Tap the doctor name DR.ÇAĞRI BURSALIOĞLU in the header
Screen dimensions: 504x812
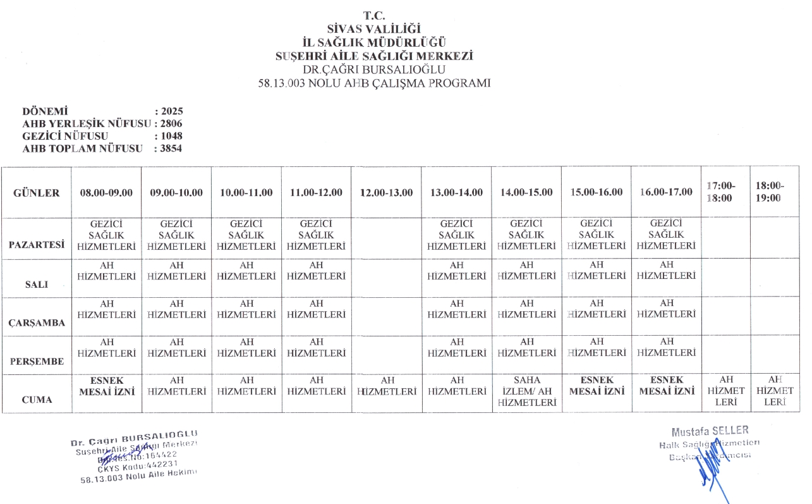coord(375,69)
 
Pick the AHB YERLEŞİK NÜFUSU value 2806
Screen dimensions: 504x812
coord(172,123)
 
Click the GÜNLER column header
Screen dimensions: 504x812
coord(36,193)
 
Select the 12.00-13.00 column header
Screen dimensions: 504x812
coord(386,193)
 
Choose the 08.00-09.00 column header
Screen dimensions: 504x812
coord(106,193)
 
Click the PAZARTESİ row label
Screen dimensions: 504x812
coord(36,245)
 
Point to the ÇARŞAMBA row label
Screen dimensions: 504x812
coord(36,323)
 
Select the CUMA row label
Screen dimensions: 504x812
coord(36,400)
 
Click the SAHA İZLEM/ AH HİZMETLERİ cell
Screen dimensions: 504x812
coord(527,391)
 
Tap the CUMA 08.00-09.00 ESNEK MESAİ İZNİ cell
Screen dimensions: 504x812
coord(106,386)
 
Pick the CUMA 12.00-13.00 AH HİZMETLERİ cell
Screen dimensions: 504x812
coord(386,386)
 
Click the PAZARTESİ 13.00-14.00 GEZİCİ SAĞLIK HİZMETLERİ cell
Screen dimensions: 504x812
coord(456,235)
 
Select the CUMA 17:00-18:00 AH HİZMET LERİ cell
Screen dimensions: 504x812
coord(726,391)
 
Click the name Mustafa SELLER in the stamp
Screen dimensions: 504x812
coord(710,432)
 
